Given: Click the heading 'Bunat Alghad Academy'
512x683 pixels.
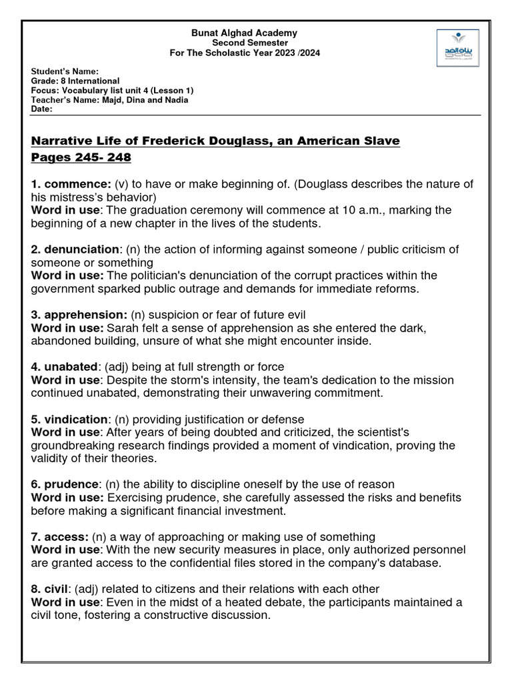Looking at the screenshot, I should [245, 33].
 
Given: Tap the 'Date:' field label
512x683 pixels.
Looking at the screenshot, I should [42, 109].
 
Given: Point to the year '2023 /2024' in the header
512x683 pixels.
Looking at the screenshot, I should [295, 53].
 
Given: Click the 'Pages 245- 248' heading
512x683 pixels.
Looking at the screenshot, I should [81, 158].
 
